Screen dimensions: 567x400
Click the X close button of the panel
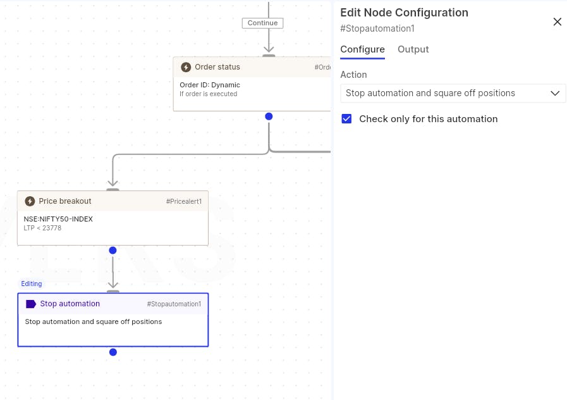pos(558,22)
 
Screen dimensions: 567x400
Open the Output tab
pos(413,49)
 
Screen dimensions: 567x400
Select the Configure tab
pos(362,49)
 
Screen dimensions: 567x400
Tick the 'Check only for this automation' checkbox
pos(346,119)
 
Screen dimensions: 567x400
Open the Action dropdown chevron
pos(555,94)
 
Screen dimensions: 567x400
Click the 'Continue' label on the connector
pos(262,23)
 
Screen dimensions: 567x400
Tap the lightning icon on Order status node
pos(186,67)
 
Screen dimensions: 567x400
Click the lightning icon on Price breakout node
pos(30,201)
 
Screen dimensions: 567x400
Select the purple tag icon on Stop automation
pos(31,304)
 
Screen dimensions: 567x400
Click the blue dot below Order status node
pos(269,116)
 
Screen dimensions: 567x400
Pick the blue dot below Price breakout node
pos(113,250)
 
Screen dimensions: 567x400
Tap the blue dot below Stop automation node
pos(113,352)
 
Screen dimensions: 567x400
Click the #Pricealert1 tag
pos(184,201)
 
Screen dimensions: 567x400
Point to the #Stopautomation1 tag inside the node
pos(174,304)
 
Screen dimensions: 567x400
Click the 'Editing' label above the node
pos(32,284)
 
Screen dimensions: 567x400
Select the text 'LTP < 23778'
pos(42,228)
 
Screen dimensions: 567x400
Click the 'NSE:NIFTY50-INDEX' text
pos(58,219)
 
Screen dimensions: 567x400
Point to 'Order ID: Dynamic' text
pos(210,85)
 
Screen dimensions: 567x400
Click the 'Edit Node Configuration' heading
pos(405,13)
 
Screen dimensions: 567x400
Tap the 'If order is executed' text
pos(209,94)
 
